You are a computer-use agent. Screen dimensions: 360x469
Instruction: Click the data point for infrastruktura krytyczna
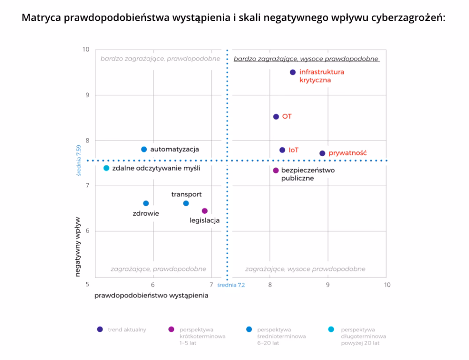[x=293, y=72]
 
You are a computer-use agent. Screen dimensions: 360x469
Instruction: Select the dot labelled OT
[x=276, y=117]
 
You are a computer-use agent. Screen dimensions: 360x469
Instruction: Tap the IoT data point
[x=282, y=150]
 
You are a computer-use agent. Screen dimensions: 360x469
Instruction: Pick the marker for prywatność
[x=322, y=153]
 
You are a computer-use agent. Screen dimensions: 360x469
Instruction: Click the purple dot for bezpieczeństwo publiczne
[x=276, y=171]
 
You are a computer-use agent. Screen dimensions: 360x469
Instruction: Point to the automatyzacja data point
[x=144, y=149]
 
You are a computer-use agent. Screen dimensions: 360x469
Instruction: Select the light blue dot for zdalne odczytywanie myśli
[x=106, y=168]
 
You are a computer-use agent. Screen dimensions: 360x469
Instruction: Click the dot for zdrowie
[x=146, y=203]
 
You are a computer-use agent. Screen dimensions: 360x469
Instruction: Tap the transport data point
[x=186, y=203]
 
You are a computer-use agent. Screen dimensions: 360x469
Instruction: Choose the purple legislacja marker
[x=204, y=211]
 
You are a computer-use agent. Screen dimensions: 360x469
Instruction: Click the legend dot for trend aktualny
[x=99, y=330]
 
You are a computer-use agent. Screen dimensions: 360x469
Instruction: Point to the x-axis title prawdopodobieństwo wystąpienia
[x=151, y=296]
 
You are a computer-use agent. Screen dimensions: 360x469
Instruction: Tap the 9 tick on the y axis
[x=86, y=95]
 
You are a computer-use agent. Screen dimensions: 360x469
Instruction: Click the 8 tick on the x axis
[x=270, y=285]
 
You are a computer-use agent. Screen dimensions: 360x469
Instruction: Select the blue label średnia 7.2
[x=231, y=285]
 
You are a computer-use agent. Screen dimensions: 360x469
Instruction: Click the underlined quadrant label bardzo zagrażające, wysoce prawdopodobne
[x=306, y=59]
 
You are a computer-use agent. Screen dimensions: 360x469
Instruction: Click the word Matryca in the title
[x=41, y=18]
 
